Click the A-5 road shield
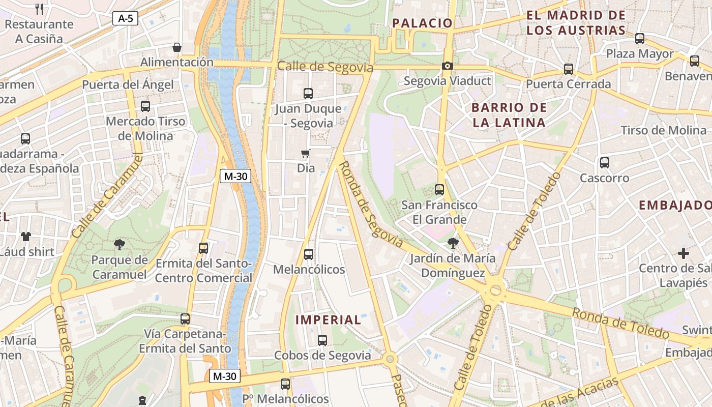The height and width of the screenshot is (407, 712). [125, 19]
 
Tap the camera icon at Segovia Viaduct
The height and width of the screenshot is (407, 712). [448, 66]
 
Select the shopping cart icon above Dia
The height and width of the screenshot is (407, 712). [305, 153]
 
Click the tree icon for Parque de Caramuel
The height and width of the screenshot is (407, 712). [120, 245]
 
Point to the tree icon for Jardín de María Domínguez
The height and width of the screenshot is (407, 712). [453, 243]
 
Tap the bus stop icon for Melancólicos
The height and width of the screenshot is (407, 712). [308, 254]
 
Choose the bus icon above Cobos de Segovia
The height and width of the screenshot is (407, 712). [322, 340]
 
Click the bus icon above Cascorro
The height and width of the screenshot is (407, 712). [604, 163]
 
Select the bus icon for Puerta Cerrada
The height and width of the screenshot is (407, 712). [569, 69]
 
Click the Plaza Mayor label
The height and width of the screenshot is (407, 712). [640, 54]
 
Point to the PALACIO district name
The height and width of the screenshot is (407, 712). [423, 23]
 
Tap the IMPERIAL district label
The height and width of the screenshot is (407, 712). [329, 320]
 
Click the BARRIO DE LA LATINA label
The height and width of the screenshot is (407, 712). [509, 115]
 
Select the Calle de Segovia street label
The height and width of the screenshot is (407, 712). [325, 67]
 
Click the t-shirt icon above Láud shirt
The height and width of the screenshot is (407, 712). [26, 236]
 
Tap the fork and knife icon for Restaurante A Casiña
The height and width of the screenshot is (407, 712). [39, 9]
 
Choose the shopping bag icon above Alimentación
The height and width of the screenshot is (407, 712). [177, 47]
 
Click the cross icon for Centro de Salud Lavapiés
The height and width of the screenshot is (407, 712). [684, 253]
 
